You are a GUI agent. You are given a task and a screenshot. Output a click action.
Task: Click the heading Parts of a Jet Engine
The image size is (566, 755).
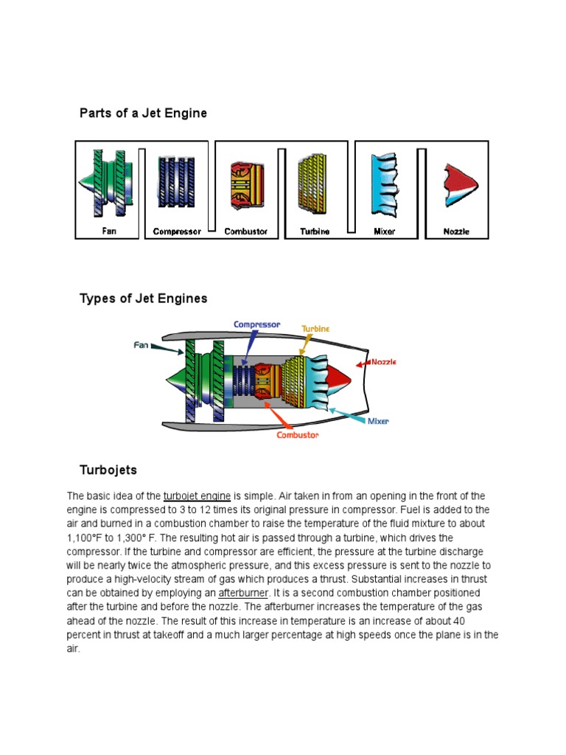[x=143, y=114]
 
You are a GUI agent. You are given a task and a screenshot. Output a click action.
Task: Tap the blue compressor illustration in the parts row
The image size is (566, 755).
[x=176, y=183]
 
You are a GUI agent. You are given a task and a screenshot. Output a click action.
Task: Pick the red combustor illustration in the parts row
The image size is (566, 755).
[x=245, y=183]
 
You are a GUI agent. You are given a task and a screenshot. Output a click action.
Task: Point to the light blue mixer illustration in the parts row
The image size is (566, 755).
[x=384, y=183]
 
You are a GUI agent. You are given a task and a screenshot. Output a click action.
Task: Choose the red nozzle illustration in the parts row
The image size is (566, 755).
[x=458, y=184]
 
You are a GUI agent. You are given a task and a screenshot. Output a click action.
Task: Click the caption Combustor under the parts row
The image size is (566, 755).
[x=245, y=232]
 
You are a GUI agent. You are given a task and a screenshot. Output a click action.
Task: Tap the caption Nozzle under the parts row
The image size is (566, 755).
[x=456, y=232]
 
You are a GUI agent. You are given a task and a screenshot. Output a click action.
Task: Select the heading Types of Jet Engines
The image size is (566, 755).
[x=143, y=299]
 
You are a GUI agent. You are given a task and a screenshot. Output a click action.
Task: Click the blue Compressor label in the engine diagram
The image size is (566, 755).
[x=257, y=324]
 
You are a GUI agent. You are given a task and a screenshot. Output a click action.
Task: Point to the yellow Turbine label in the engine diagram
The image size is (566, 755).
[x=315, y=328]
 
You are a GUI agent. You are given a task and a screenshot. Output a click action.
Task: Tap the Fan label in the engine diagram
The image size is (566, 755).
[x=141, y=344]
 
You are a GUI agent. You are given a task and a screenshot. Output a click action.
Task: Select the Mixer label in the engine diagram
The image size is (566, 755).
[x=377, y=421]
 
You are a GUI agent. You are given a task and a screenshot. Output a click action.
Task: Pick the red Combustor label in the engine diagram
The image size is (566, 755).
[x=297, y=435]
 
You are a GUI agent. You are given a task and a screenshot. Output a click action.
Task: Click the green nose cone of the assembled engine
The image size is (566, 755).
[x=175, y=377]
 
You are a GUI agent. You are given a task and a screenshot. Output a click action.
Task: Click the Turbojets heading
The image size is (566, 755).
[x=108, y=470]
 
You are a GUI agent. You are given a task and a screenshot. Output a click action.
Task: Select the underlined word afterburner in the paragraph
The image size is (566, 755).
[x=244, y=594]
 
